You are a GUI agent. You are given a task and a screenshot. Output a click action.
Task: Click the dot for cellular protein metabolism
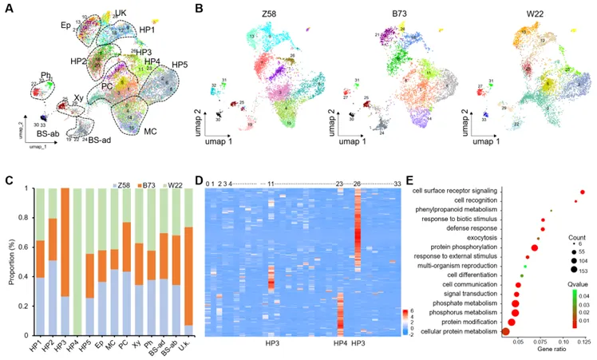(x=505, y=330)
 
